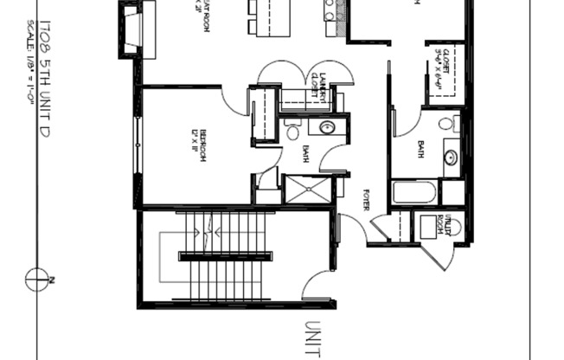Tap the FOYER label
point(366,200)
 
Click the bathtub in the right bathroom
point(413,191)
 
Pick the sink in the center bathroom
point(328,128)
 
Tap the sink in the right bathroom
point(451,157)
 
